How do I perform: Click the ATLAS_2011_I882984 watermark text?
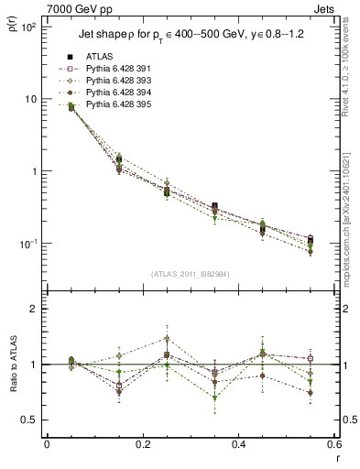191,274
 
